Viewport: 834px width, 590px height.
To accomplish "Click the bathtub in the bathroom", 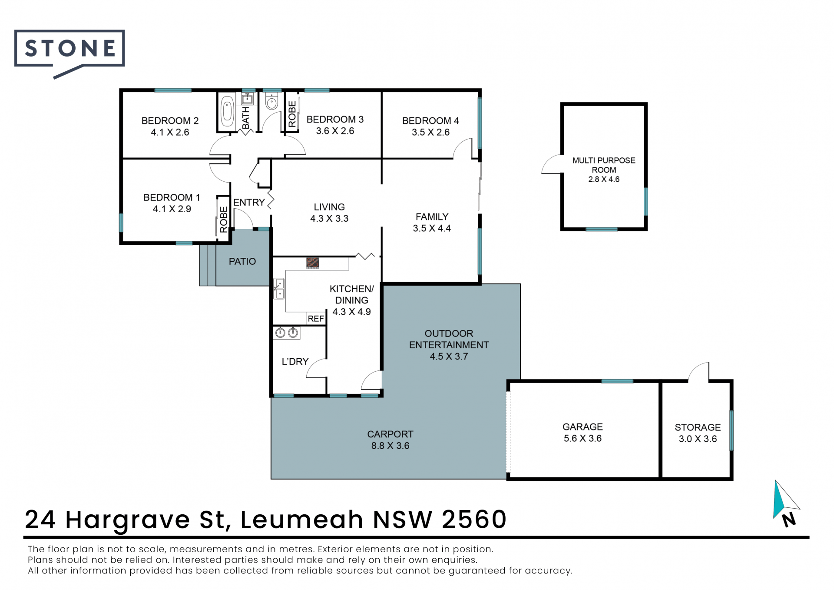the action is (227, 111).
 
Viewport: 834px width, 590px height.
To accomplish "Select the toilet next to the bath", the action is (272, 101).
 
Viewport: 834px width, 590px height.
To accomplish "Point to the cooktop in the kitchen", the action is (312, 263).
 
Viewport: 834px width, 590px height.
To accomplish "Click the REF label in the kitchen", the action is (316, 319).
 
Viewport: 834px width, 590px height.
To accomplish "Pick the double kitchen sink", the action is (279, 289).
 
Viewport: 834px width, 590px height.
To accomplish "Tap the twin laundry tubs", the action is (287, 333).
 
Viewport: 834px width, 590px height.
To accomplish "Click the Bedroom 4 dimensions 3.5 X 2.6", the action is (430, 132).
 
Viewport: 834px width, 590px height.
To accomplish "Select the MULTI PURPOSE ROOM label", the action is (604, 165).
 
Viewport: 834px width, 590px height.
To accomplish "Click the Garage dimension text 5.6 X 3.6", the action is (582, 438).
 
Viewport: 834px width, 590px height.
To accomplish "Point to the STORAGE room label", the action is (698, 427).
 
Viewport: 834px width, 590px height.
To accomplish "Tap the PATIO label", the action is (242, 261).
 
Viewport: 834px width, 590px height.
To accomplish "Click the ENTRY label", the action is (249, 202).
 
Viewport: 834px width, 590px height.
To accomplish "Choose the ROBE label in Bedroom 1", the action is (224, 220).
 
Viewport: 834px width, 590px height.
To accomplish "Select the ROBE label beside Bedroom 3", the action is (292, 114).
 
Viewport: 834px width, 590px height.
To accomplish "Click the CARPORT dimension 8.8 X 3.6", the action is (390, 446).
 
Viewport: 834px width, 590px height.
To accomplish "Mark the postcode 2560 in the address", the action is (474, 519).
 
